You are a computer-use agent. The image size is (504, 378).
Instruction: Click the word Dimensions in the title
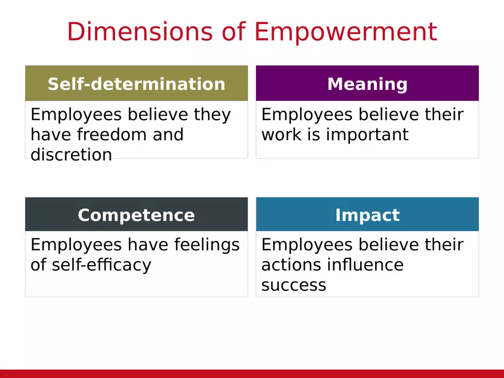click(x=140, y=31)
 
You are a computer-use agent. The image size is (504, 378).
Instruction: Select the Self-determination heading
click(x=136, y=84)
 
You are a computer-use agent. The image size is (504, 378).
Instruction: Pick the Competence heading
click(x=136, y=215)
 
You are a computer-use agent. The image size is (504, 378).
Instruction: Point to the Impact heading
click(x=367, y=215)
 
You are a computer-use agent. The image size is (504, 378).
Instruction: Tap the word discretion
click(x=72, y=155)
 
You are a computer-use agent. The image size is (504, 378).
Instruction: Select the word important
click(x=367, y=135)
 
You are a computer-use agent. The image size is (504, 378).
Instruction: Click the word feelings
click(x=207, y=246)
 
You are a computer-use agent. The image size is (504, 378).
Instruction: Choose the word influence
click(x=365, y=265)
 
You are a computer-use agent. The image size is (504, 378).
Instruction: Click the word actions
click(x=292, y=265)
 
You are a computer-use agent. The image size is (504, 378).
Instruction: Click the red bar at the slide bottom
click(x=252, y=373)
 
